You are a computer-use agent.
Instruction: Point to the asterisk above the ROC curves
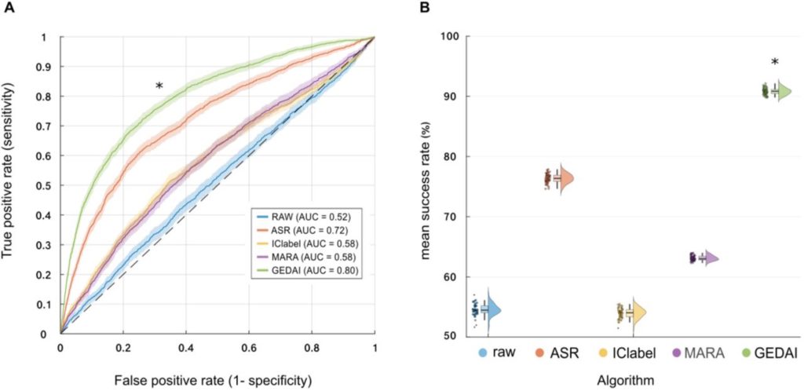click(x=159, y=86)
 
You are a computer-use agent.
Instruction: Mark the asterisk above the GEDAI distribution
click(x=775, y=64)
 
